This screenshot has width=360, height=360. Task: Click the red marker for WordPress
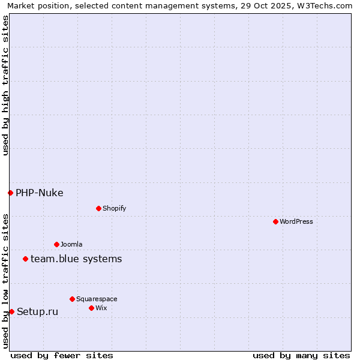point(275,221)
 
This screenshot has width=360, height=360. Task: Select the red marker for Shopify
point(98,208)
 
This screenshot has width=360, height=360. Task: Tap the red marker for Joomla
point(56,244)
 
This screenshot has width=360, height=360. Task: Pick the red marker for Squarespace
point(72,299)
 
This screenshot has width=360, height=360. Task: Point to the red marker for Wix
point(91,308)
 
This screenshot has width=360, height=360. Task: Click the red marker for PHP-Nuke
point(10,193)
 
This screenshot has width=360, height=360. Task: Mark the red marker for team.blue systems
point(25,259)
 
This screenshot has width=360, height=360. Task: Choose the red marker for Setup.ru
point(11,311)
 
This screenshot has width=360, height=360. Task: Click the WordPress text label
point(296,221)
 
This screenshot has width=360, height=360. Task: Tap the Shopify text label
point(115,208)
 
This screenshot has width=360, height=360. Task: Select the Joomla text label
point(71,244)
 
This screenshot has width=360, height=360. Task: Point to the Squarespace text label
point(97,299)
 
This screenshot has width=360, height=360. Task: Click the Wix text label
point(101,308)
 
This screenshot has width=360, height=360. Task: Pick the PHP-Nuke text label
point(40,193)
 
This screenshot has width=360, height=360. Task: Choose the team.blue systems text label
point(76,259)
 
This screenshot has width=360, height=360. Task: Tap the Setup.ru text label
point(38,311)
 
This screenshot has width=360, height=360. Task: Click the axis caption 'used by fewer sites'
point(62,355)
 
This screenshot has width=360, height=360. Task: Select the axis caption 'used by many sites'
point(301,355)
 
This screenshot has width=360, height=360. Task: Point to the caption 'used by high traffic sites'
point(5,85)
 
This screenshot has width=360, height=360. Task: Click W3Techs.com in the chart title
point(321,5)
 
